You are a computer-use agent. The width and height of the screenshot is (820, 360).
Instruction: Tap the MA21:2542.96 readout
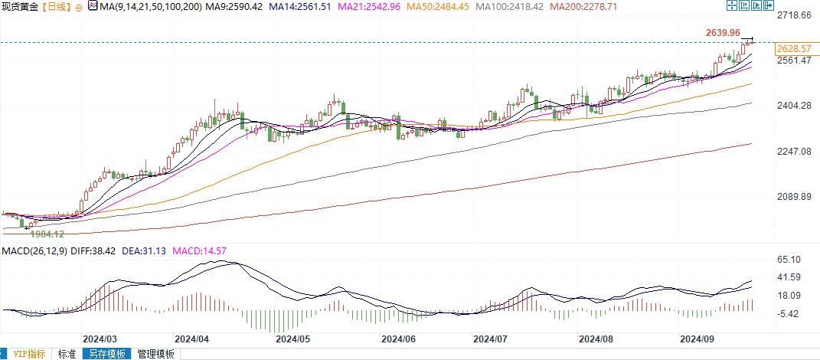pos(351,7)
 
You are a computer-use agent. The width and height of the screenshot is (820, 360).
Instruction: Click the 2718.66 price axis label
pos(794,15)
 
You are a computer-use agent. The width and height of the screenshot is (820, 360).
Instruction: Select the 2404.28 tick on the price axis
pos(794,106)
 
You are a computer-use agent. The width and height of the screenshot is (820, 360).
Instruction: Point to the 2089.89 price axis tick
pos(794,197)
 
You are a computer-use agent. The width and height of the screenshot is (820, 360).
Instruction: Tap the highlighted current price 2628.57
pos(794,49)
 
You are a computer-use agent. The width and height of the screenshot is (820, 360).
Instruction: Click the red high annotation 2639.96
pos(723,32)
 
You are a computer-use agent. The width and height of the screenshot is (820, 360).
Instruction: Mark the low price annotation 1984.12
pos(47,233)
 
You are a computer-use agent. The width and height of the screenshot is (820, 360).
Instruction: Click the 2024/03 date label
pos(100,338)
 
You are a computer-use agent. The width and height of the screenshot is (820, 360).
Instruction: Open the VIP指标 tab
pos(28,354)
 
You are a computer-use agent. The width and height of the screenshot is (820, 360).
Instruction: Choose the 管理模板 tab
pos(155,354)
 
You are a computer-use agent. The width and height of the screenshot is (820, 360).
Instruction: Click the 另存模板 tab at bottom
pos(106,354)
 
